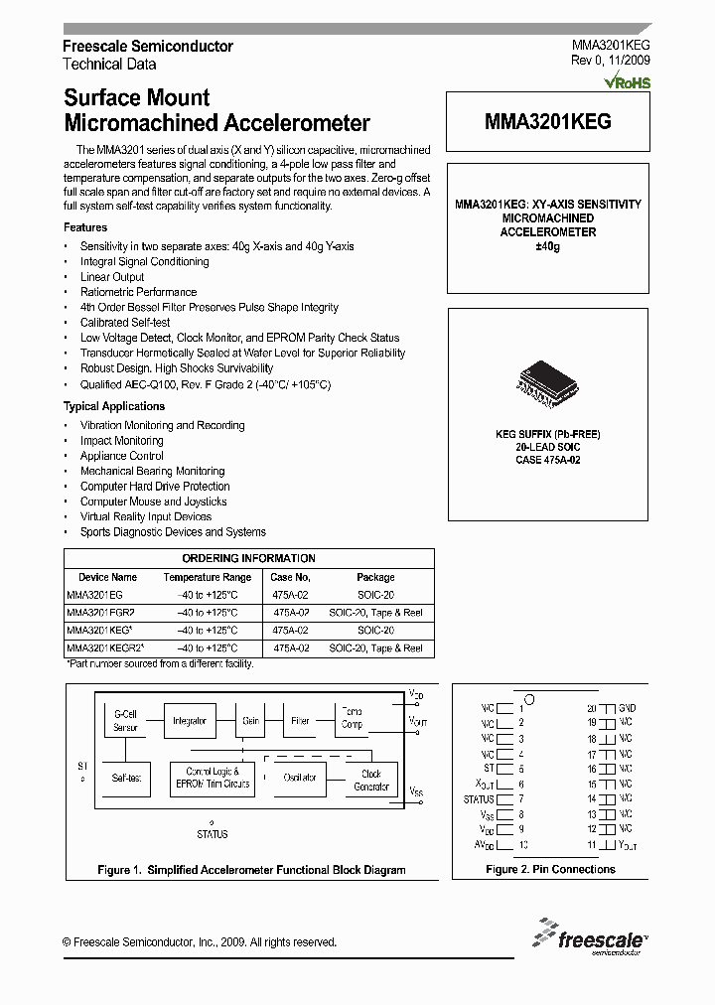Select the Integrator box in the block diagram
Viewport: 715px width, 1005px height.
point(188,720)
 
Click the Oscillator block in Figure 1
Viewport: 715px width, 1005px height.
point(300,778)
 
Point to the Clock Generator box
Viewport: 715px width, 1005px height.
point(371,780)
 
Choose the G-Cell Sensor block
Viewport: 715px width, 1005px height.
point(126,720)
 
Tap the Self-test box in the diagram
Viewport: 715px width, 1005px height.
point(126,778)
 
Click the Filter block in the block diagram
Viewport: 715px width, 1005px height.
point(300,720)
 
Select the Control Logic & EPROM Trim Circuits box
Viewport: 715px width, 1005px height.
point(212,778)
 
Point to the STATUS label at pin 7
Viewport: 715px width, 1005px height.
point(479,799)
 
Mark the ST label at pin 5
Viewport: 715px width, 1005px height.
point(488,769)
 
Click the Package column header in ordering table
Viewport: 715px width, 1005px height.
point(375,577)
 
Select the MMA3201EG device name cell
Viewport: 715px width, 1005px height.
point(95,595)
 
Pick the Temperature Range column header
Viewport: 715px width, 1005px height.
point(208,577)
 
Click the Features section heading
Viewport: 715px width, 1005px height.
point(85,227)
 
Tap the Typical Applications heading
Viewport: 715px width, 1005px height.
point(114,406)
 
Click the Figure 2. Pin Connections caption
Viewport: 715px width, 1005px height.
point(550,869)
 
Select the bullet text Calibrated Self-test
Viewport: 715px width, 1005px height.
point(125,323)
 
